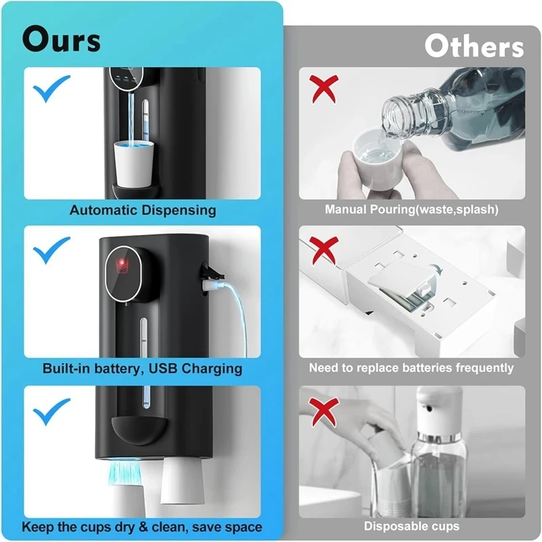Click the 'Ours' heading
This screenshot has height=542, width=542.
[x=61, y=39]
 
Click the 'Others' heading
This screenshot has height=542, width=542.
[x=474, y=46]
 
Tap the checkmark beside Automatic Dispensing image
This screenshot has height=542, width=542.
[x=51, y=89]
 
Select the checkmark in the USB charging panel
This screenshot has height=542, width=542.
[x=51, y=250]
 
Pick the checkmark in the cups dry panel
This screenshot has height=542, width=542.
[x=51, y=411]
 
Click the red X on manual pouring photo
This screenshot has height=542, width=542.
[x=324, y=89]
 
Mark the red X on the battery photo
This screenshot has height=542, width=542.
[x=324, y=250]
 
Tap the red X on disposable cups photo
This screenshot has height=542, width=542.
[x=324, y=412]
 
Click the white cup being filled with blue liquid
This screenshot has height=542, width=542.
[x=133, y=164]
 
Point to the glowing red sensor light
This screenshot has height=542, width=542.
[x=122, y=264]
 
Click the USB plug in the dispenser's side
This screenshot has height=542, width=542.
[x=211, y=285]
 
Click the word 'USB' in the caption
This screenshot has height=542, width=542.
[x=163, y=369]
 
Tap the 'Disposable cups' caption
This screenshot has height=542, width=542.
[x=411, y=526]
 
